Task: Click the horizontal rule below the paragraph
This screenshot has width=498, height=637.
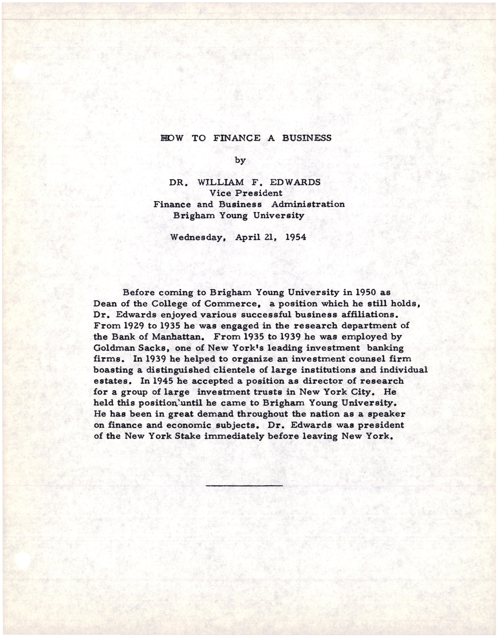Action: pos(244,486)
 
